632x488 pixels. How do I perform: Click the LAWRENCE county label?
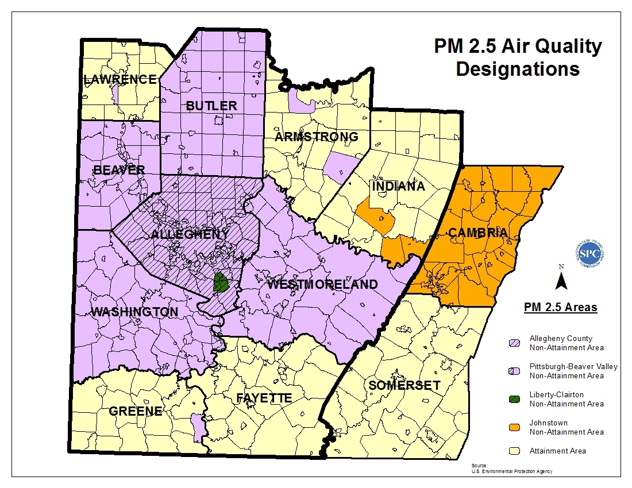(120, 79)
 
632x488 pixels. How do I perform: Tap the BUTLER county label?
(211, 106)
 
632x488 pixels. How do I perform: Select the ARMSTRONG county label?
(316, 137)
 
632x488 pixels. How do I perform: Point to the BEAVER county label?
(119, 170)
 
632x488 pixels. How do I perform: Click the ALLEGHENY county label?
(190, 234)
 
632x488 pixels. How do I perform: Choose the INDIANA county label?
(398, 187)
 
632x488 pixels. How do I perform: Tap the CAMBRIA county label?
(477, 233)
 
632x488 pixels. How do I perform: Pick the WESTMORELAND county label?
(322, 285)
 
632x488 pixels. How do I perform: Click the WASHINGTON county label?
(134, 312)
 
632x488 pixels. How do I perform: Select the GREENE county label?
(135, 412)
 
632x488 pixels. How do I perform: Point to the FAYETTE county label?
(264, 398)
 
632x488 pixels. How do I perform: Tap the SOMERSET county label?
(404, 385)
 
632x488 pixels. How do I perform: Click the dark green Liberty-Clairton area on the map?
(219, 282)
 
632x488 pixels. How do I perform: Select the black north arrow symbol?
(562, 280)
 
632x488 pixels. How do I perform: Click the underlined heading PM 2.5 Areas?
(560, 308)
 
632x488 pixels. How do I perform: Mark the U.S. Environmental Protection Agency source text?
(511, 471)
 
